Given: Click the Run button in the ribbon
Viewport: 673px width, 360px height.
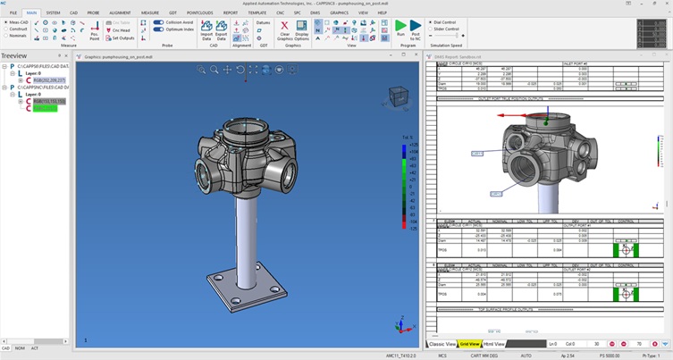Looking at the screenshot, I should (x=400, y=30).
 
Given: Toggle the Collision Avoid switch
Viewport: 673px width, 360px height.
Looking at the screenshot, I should (x=159, y=21).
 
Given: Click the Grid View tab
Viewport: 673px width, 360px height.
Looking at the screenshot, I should (x=470, y=343).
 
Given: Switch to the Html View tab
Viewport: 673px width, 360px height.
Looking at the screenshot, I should (x=494, y=343).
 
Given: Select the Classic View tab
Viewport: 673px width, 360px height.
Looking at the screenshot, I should (x=442, y=343).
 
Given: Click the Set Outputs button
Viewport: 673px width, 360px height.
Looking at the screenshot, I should (x=124, y=38).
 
